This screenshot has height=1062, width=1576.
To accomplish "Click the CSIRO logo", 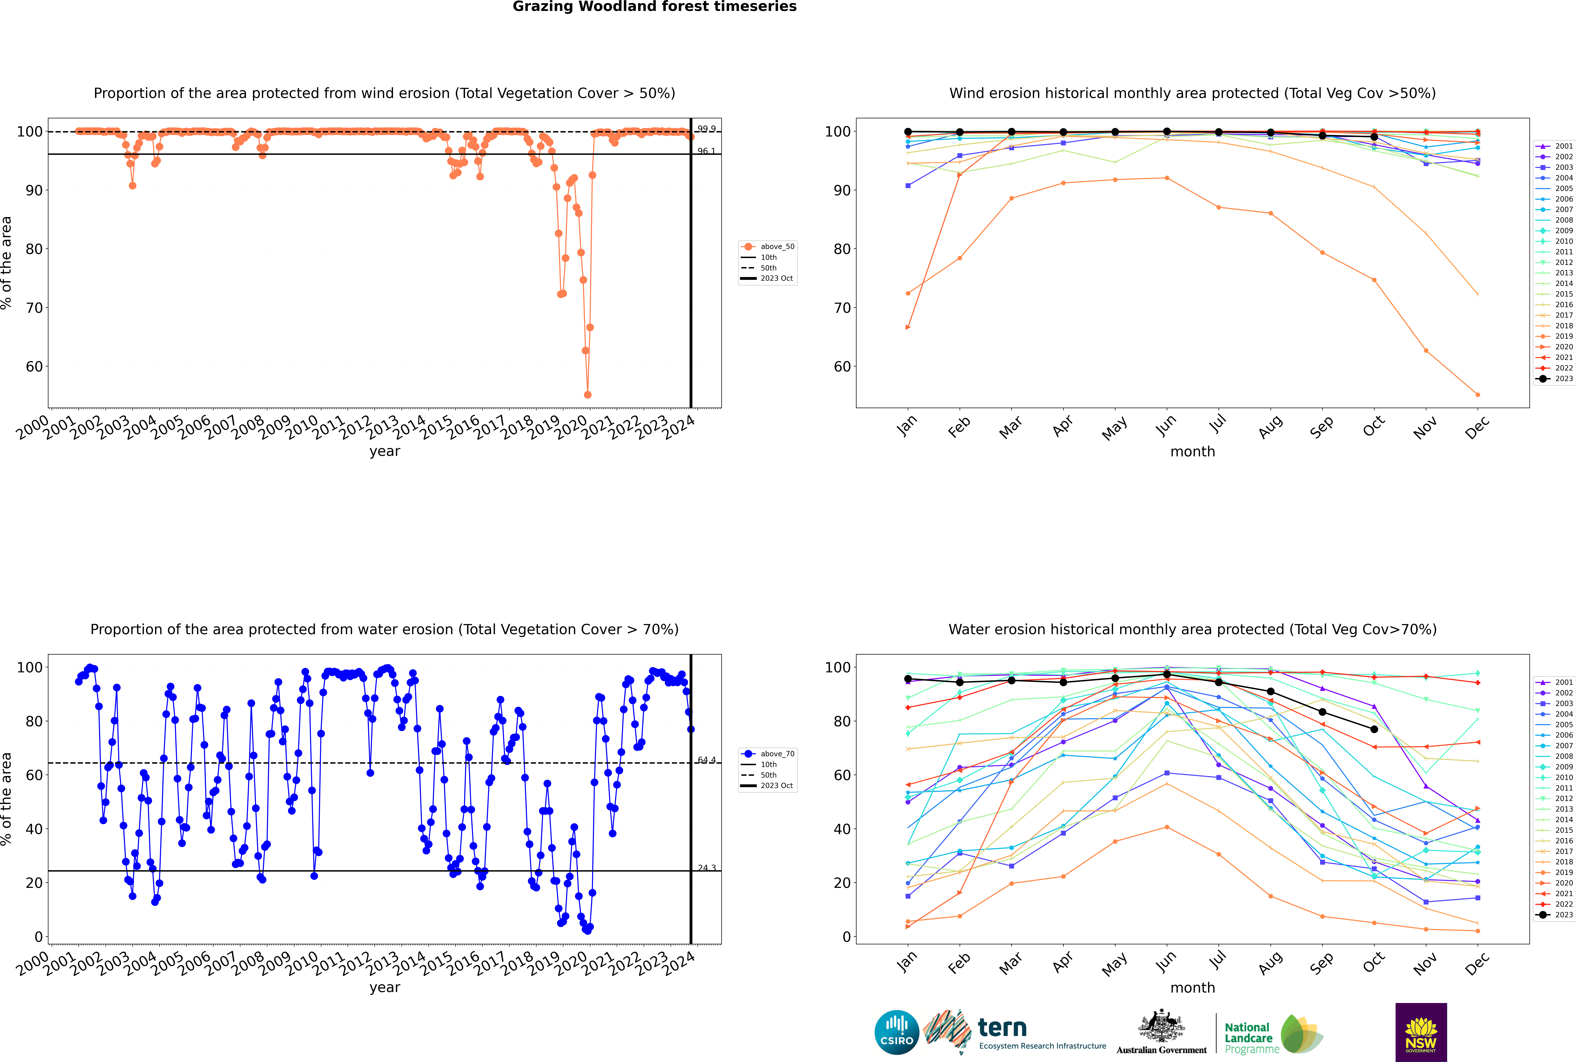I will click(x=896, y=1032).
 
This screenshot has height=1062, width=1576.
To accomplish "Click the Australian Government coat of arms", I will click(x=1161, y=1026).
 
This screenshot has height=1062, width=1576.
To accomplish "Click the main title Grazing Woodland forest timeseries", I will click(x=655, y=7).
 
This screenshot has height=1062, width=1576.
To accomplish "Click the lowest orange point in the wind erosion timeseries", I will click(x=587, y=394).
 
